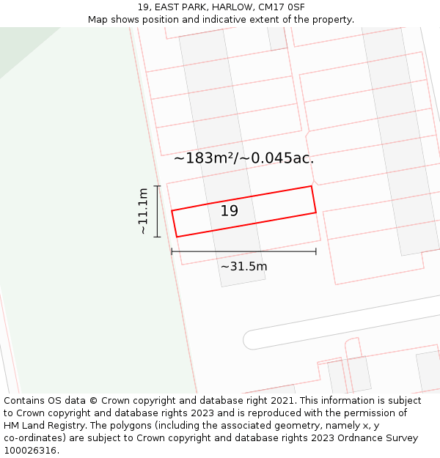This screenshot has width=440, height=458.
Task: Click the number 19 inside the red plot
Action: [x=230, y=211]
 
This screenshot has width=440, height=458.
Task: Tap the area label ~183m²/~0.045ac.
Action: [x=243, y=158]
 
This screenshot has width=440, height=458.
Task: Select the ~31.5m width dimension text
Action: [x=243, y=266]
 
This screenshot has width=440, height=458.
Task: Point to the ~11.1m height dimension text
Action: [x=144, y=211]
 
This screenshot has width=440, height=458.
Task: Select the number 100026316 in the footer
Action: [x=29, y=451]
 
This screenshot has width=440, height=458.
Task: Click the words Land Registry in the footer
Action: [x=54, y=426]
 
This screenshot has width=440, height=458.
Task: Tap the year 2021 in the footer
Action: [x=283, y=401]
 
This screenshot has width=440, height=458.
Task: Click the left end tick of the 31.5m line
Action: [x=172, y=251]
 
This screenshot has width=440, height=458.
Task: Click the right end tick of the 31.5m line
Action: [x=316, y=251]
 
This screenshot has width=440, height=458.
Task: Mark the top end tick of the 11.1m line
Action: [x=158, y=186]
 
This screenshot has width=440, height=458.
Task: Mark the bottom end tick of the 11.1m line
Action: [x=158, y=237]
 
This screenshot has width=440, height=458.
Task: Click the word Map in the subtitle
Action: [x=98, y=20]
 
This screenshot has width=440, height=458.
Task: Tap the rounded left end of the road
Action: [x=250, y=339]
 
